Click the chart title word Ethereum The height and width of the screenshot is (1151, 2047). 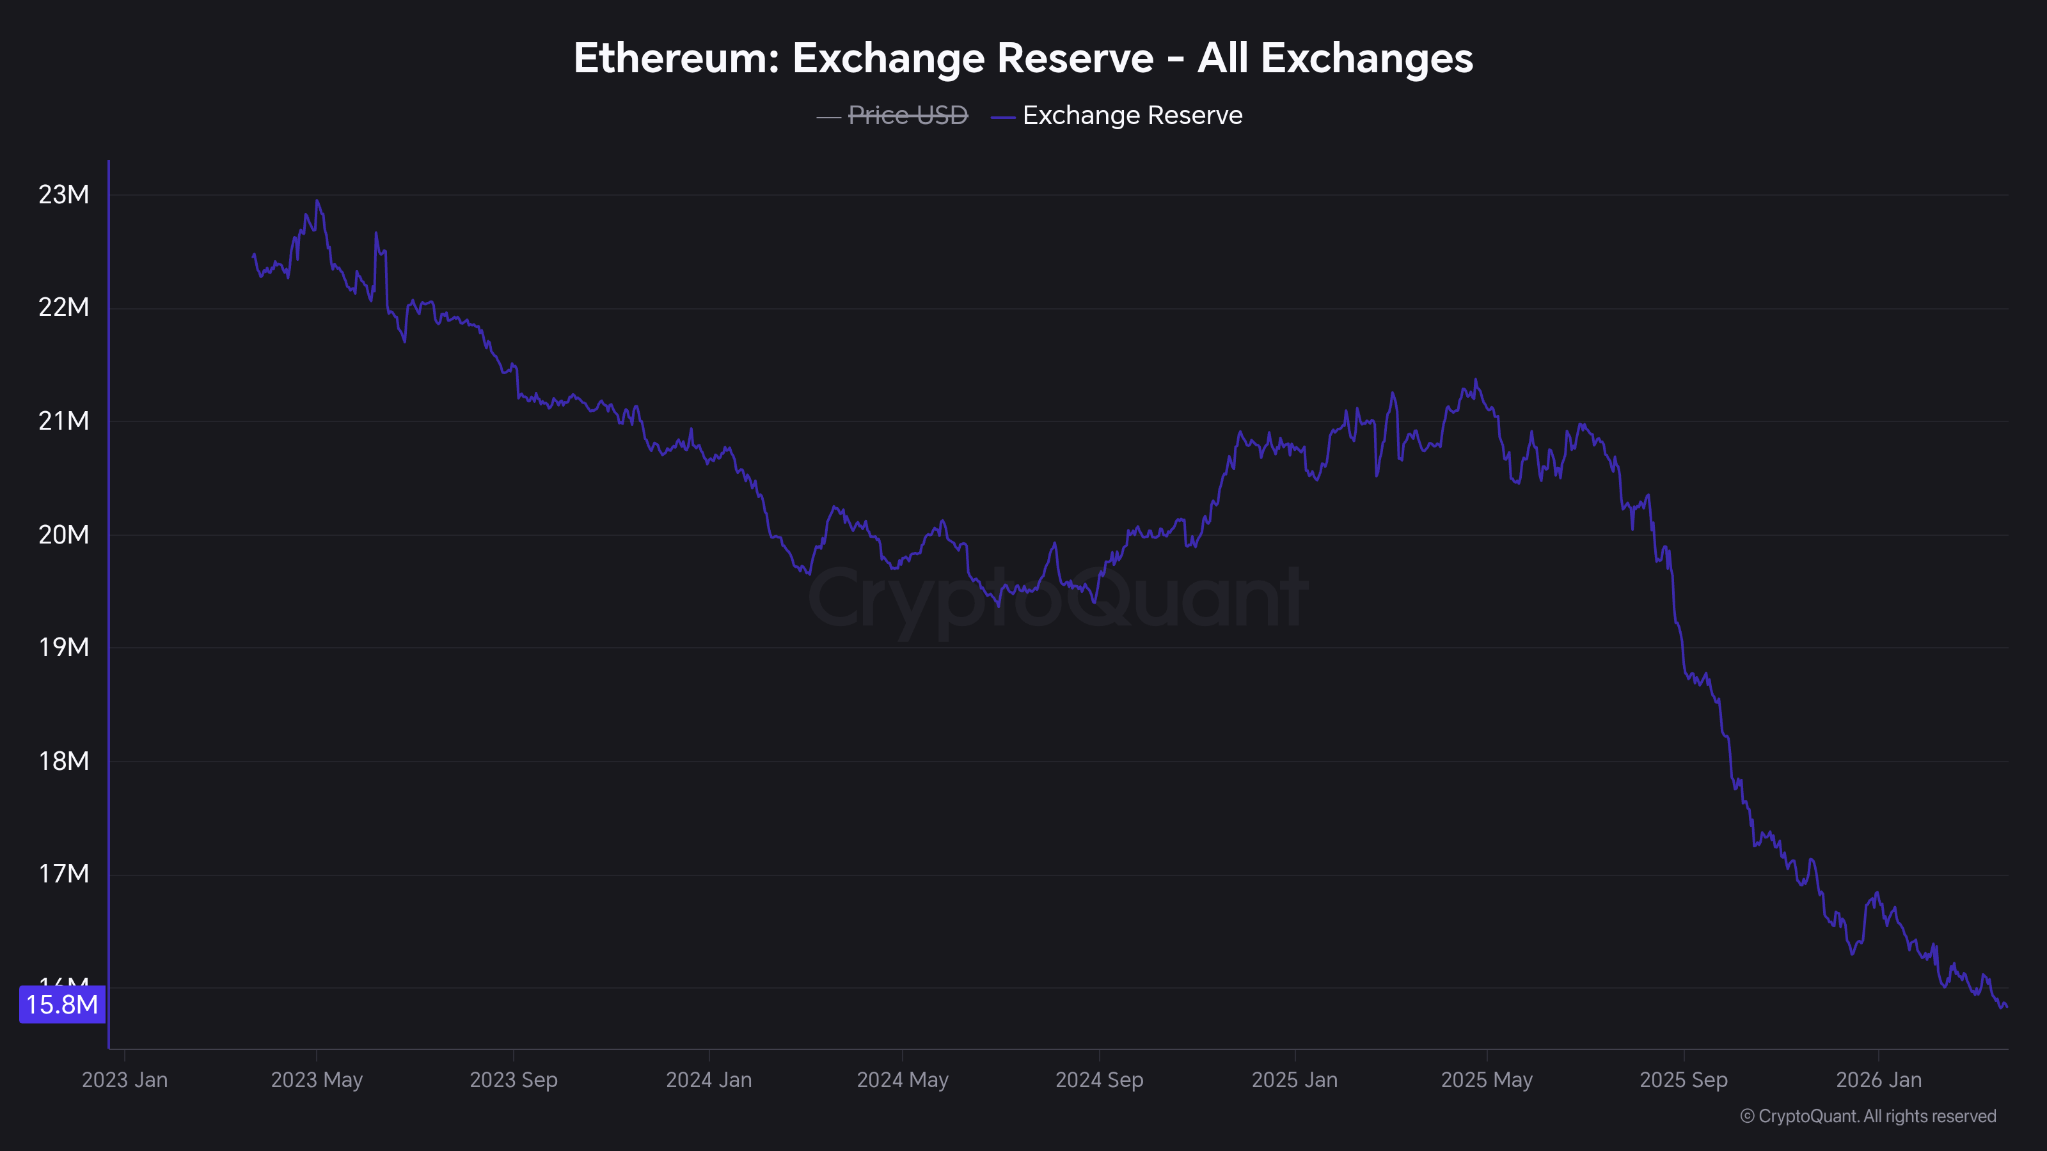click(x=676, y=58)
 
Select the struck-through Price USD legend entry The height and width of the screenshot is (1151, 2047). click(x=908, y=115)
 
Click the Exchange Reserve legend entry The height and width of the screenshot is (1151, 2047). click(x=1132, y=115)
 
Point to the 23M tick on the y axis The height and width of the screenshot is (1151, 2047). click(x=63, y=194)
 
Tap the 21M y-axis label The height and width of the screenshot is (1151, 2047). click(x=63, y=421)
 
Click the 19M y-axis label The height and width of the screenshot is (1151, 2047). click(x=63, y=647)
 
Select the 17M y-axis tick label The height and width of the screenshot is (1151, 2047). click(x=63, y=873)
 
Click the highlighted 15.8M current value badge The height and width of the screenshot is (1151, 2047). click(x=62, y=1005)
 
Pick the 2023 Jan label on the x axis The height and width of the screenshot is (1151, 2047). click(x=125, y=1079)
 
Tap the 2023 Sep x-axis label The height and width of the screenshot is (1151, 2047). click(x=513, y=1079)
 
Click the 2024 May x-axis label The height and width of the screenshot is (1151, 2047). click(x=902, y=1079)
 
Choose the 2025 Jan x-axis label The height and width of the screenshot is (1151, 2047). click(x=1295, y=1079)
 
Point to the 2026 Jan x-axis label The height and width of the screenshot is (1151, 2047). click(x=1879, y=1079)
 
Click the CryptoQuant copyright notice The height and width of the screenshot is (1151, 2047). click(x=1867, y=1116)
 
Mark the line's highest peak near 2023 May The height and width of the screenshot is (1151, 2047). click(x=317, y=200)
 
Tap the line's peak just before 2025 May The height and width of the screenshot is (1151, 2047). click(x=1476, y=380)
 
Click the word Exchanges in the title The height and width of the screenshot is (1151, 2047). click(x=1367, y=58)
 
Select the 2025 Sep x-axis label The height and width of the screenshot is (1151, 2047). click(x=1683, y=1079)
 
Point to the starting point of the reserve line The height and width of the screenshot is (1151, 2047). click(x=253, y=255)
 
